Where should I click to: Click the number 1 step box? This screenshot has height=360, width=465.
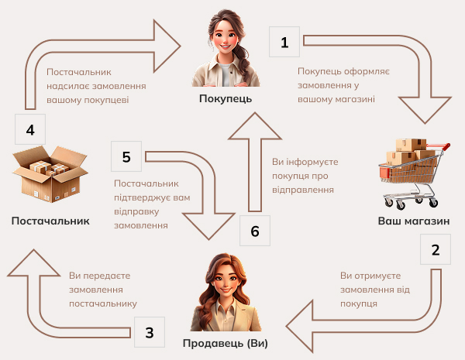click(284, 42)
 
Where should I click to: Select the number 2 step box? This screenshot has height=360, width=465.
click(436, 249)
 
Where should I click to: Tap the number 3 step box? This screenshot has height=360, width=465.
click(150, 332)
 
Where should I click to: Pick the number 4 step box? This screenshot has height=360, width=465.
click(30, 129)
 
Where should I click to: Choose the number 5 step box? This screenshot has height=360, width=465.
click(126, 156)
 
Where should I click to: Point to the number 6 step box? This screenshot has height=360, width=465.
click(255, 231)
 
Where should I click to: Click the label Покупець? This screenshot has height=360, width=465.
click(226, 98)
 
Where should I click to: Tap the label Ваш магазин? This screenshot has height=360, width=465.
click(414, 221)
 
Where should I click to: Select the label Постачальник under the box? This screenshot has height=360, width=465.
click(50, 221)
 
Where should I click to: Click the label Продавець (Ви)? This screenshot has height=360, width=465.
click(226, 344)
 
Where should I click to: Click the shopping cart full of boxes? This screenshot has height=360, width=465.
click(414, 173)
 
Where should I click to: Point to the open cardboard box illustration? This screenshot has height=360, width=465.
click(50, 174)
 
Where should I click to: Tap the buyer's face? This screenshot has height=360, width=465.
click(225, 39)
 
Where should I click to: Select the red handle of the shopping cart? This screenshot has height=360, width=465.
click(439, 146)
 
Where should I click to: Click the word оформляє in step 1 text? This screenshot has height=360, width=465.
click(364, 72)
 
